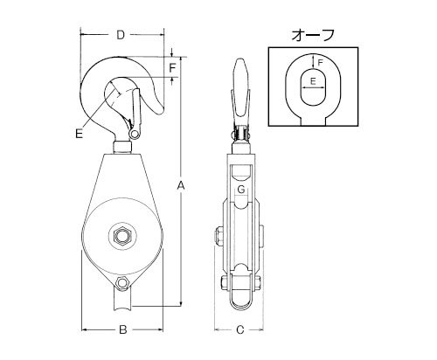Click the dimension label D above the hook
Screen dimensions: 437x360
point(121,35)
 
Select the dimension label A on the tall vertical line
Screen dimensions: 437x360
point(181,185)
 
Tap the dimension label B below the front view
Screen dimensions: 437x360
point(123,329)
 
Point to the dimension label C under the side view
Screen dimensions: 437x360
point(239,329)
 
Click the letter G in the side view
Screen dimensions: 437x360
point(241,190)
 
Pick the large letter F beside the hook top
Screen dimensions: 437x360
point(173,67)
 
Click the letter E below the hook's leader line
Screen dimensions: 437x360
point(79,134)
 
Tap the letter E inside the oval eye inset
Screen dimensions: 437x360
point(313,81)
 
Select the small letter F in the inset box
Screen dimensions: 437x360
point(320,62)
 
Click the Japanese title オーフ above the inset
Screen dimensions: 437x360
point(313,36)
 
